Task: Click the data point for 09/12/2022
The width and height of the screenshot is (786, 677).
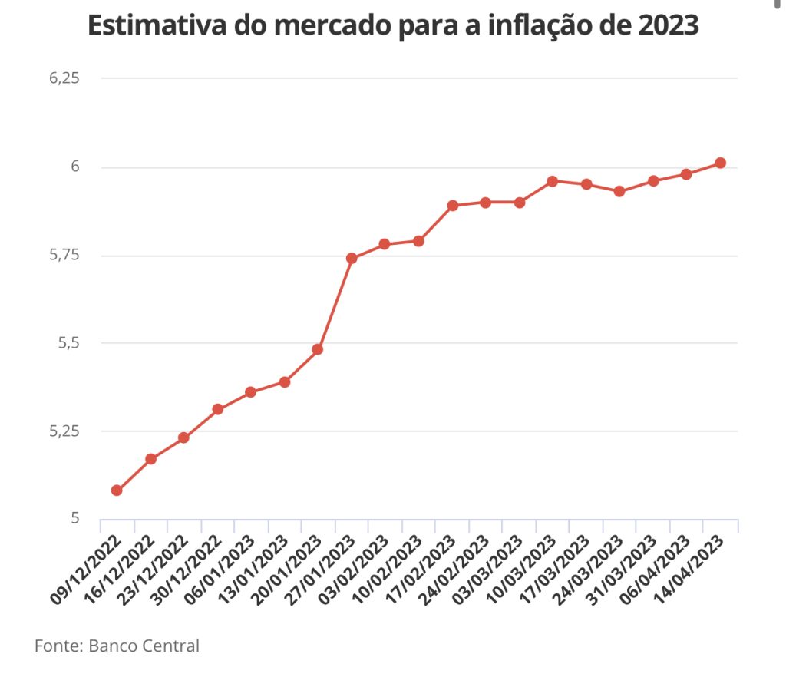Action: pyautogui.click(x=117, y=490)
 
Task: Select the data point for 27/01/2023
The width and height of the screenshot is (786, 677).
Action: pyautogui.click(x=352, y=258)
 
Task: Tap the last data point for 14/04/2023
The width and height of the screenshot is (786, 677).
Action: pyautogui.click(x=720, y=163)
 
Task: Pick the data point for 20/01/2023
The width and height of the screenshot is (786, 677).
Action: pyautogui.click(x=318, y=349)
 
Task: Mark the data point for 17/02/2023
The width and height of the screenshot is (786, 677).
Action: pyautogui.click(x=452, y=205)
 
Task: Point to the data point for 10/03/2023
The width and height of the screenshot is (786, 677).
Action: pyautogui.click(x=553, y=181)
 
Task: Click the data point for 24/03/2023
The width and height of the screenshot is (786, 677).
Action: pyautogui.click(x=619, y=191)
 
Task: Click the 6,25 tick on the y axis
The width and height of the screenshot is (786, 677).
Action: pyautogui.click(x=64, y=79)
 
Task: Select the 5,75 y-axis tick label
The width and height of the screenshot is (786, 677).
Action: pyautogui.click(x=64, y=255)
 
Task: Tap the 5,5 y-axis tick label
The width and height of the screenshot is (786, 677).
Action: pyautogui.click(x=69, y=343)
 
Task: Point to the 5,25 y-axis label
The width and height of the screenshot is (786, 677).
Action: pyautogui.click(x=64, y=431)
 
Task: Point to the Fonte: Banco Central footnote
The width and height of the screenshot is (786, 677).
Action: pyautogui.click(x=117, y=646)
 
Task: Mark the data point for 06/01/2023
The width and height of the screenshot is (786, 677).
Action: pyautogui.click(x=250, y=392)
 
